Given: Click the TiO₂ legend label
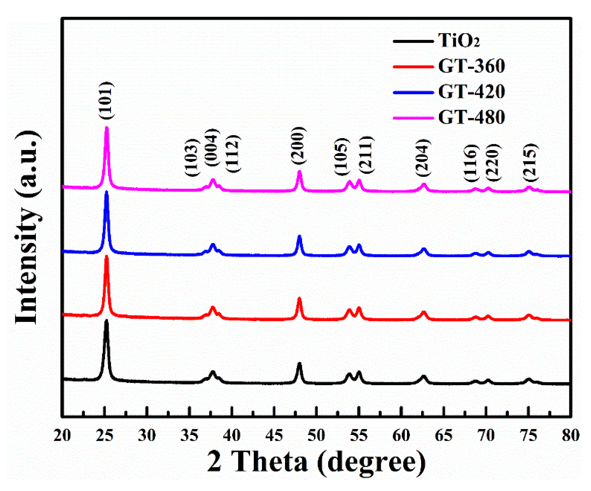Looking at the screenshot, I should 459,41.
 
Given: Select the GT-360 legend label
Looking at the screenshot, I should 471,66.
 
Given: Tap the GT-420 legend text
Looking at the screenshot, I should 471,92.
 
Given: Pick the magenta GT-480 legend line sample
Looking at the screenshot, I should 413,117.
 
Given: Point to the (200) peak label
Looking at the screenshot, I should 298,145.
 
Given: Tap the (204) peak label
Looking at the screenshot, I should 423,158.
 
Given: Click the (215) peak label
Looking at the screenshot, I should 530,163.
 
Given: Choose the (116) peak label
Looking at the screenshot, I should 471,163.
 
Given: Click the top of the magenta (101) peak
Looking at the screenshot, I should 107,128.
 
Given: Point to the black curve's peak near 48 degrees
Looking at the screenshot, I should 299,364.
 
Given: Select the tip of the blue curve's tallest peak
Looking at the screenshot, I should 106,192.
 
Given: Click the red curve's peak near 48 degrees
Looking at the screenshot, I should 299,298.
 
